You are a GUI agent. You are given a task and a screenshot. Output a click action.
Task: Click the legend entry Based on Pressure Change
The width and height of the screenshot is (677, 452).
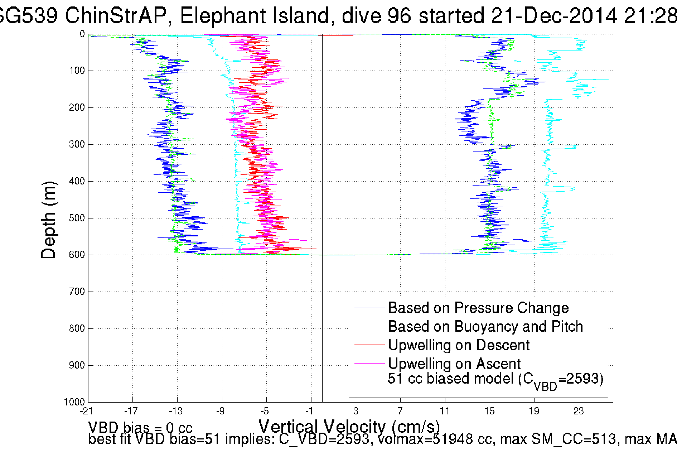tap(478, 308)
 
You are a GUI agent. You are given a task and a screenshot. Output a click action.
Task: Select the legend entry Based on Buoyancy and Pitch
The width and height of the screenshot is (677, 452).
tap(485, 327)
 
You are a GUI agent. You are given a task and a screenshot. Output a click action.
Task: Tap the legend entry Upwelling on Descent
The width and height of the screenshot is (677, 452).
tap(459, 345)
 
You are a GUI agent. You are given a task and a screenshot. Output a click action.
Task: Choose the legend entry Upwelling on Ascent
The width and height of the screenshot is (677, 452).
tap(454, 364)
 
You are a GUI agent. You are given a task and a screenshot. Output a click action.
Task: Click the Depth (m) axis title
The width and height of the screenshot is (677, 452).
tap(49, 220)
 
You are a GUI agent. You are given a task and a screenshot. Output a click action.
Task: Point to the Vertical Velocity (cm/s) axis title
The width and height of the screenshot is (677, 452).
tap(349, 427)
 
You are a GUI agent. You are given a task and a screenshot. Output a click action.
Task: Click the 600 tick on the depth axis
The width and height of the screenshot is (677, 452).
tap(77, 255)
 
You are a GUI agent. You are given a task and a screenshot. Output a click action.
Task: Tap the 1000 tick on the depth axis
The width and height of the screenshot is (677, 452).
tap(74, 402)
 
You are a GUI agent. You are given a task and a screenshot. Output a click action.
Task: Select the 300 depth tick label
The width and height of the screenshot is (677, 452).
tap(77, 144)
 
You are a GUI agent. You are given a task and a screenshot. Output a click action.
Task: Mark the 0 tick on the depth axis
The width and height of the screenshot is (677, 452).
tap(82, 34)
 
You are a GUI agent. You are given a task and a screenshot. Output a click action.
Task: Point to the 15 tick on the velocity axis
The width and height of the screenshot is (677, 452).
tap(489, 411)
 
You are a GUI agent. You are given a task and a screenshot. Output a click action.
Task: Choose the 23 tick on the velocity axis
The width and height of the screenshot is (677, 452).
tap(579, 411)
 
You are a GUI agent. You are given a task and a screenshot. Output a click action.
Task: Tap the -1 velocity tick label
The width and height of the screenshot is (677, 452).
tap(310, 411)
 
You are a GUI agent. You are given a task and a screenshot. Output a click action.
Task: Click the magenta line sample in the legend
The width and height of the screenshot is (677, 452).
tap(369, 364)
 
